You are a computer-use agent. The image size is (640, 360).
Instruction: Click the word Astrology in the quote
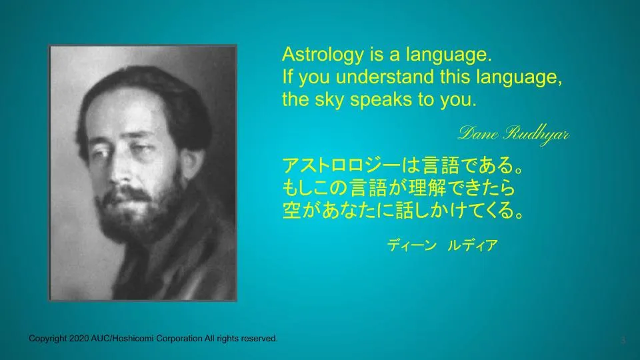point(323,55)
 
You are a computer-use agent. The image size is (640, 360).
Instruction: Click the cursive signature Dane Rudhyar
point(514,134)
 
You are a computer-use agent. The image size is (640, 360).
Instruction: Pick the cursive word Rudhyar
point(536,134)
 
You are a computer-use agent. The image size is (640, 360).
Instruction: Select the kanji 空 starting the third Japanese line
point(292,210)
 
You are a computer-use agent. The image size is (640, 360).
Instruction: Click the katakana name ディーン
point(411,245)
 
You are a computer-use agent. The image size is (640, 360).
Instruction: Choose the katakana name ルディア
point(473,245)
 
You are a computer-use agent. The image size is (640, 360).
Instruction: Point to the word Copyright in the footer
point(47,339)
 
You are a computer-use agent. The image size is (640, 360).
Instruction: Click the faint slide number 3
point(623,339)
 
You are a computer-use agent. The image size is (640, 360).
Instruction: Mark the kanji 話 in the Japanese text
point(405,210)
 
